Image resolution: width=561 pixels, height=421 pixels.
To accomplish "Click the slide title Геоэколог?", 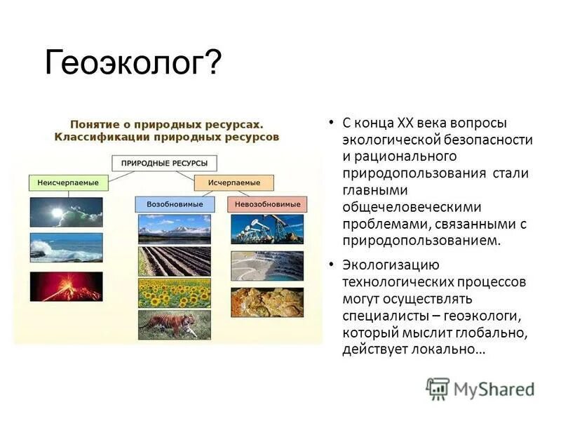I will point(133,63).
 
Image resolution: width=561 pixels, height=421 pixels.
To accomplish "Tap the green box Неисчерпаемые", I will point(68,182).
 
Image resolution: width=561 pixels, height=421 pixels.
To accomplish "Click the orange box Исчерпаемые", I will point(234,182).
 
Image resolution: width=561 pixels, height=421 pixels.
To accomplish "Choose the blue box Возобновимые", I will point(175,204).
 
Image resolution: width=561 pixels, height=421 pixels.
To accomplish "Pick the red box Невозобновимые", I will point(267,204).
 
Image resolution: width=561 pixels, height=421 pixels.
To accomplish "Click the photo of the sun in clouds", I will point(66,212).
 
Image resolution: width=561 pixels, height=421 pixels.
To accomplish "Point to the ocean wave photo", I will point(66,247).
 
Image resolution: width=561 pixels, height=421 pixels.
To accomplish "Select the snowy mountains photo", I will point(174,228).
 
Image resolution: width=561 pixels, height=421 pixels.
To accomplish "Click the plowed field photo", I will point(174,260).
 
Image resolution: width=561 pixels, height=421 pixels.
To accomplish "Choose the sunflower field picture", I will point(174,293).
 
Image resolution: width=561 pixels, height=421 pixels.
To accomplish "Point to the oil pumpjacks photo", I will point(266,229).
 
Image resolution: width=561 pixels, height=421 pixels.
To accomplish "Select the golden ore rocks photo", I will point(266,302).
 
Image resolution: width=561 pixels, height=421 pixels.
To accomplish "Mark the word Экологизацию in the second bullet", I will point(390,266).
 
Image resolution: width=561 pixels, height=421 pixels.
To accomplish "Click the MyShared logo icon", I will point(438,388).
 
